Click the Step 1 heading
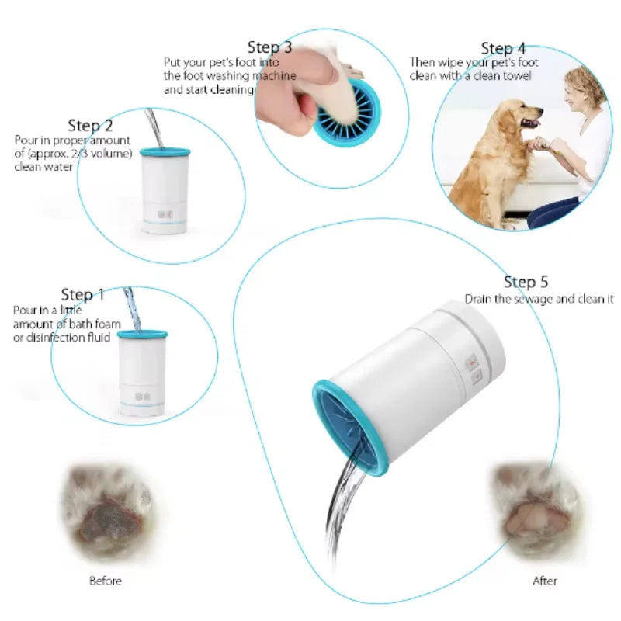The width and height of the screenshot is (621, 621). pos(82,295)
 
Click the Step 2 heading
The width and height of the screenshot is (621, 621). pos(90,126)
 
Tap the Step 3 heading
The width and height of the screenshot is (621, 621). pos(269,48)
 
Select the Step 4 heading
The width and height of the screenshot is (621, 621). pos(503,49)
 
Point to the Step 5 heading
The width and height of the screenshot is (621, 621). pos(526,282)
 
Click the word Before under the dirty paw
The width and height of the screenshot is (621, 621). pos(106,581)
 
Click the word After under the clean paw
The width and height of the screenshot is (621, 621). pos(544,581)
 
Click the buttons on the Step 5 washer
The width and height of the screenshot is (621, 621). pos(470,369)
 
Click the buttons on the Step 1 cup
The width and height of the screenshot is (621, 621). pos(141,394)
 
